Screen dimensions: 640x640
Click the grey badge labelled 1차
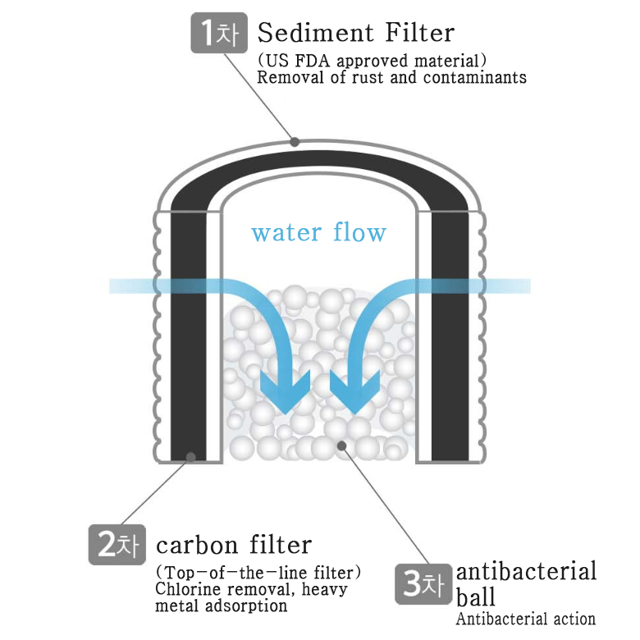tap(217, 34)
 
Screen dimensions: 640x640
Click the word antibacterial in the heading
tap(526, 571)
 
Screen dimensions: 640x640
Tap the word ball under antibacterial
tap(473, 596)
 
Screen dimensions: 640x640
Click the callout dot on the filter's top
tap(295, 141)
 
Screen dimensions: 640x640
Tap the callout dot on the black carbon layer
tap(190, 456)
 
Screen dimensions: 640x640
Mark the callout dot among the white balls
tap(342, 446)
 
